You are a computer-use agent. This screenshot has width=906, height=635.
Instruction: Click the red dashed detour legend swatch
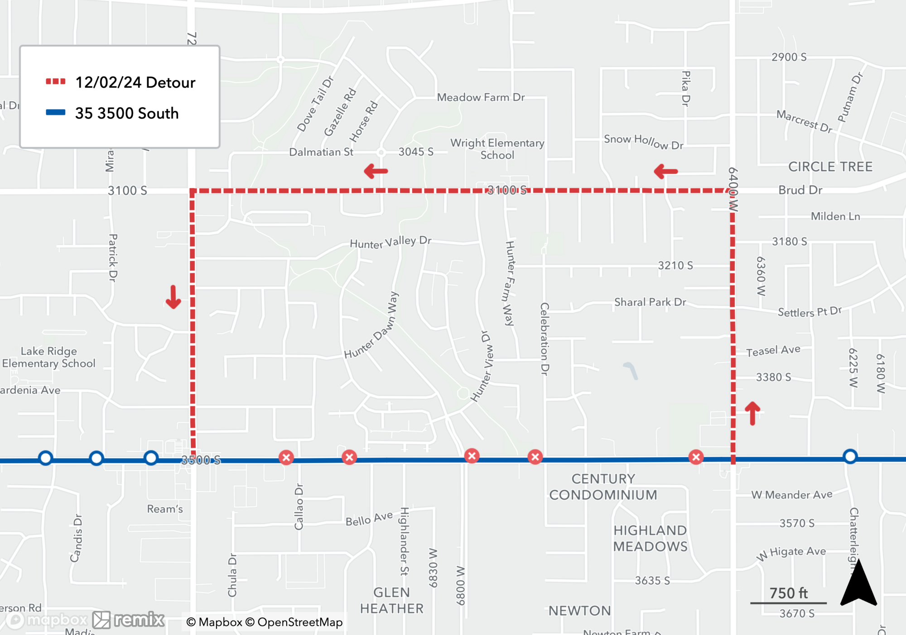56,81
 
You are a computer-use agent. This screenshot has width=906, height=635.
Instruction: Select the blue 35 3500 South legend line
56,112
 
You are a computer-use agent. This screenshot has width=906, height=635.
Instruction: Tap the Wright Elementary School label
497,149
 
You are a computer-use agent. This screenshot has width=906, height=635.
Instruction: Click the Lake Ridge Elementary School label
49,357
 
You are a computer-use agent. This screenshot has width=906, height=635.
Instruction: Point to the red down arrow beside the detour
173,297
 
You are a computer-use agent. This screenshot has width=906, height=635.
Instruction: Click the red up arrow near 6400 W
752,413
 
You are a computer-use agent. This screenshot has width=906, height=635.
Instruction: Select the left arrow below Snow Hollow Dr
665,171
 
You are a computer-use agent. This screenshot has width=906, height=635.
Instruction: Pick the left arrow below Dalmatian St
376,171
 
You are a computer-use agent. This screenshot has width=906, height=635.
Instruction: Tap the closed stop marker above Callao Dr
286,458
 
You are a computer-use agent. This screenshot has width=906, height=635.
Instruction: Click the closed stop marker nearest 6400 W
696,457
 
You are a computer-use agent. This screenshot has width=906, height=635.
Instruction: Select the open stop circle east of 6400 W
850,456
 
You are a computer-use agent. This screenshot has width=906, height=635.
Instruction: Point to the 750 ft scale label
788,593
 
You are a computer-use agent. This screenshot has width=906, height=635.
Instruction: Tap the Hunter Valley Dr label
390,242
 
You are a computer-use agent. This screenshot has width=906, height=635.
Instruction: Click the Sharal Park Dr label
650,302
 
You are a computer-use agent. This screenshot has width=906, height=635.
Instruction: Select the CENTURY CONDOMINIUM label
603,487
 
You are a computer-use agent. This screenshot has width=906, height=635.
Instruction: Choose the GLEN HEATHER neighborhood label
392,600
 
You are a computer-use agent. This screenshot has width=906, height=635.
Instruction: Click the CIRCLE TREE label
830,167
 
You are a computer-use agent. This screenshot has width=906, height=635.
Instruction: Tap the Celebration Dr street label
545,339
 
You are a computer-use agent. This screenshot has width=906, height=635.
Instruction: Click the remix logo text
139,619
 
